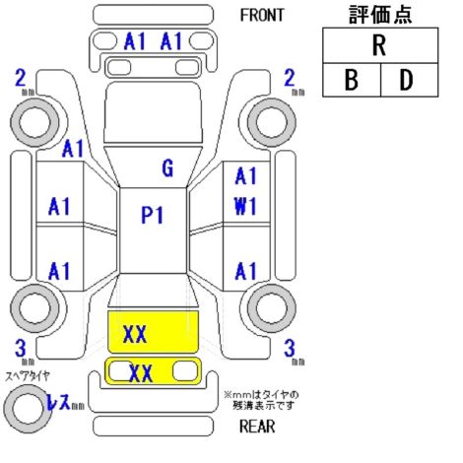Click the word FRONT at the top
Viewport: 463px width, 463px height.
(x=262, y=16)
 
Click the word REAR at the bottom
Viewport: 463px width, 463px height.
(x=257, y=427)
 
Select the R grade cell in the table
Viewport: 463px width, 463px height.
(x=380, y=45)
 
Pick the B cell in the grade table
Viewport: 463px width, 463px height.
(x=352, y=80)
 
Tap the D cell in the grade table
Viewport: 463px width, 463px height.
(x=409, y=80)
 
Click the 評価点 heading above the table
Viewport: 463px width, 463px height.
(x=380, y=15)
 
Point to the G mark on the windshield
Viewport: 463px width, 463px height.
(x=167, y=168)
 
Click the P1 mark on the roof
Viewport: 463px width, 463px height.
(x=152, y=216)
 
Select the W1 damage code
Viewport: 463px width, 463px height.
(x=245, y=207)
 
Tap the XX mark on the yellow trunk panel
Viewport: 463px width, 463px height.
(x=135, y=334)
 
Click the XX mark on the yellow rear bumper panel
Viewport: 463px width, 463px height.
(x=141, y=373)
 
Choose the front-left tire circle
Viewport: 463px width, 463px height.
(x=34, y=122)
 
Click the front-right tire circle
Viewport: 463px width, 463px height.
(x=272, y=122)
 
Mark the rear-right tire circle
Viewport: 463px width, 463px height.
(x=272, y=308)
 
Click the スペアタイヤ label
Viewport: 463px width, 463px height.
(x=28, y=376)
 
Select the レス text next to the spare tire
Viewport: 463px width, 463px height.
(x=59, y=402)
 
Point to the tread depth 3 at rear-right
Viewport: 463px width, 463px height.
(x=290, y=348)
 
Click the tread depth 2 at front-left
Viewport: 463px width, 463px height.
(x=21, y=79)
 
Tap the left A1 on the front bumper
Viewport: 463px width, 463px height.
(x=134, y=41)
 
